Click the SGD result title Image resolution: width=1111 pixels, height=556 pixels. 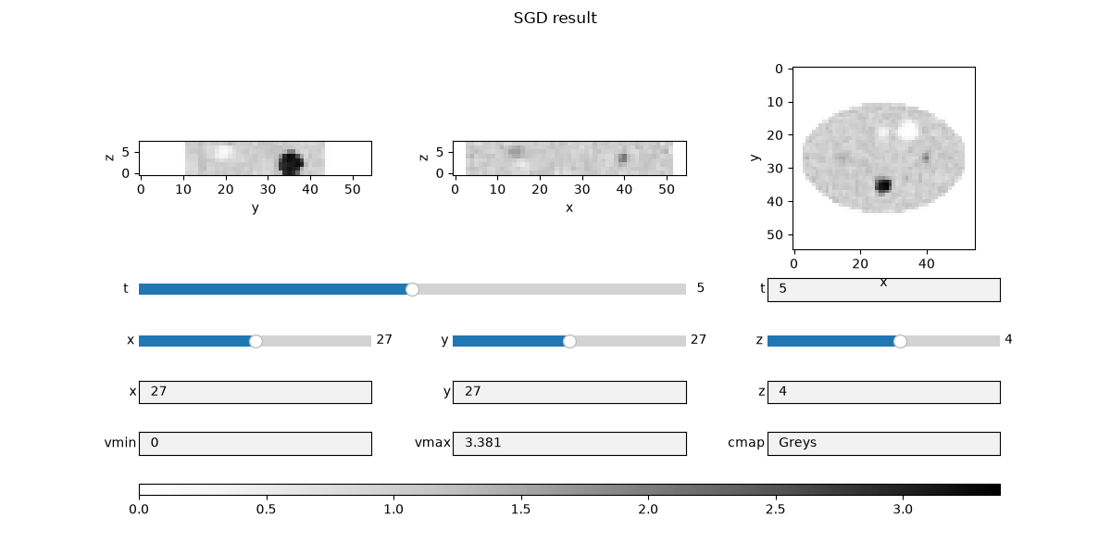(555, 18)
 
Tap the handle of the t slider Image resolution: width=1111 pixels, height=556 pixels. (412, 289)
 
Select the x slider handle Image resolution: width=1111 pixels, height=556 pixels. (256, 341)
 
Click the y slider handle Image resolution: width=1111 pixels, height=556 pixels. (569, 341)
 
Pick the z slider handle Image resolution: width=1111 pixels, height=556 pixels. (900, 341)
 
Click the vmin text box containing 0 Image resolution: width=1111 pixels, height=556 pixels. (255, 443)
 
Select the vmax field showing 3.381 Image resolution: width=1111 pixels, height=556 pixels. (569, 443)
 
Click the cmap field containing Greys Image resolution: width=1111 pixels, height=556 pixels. (884, 443)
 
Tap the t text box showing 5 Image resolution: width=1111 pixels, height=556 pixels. (884, 290)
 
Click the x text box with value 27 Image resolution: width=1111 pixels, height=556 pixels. (255, 392)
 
